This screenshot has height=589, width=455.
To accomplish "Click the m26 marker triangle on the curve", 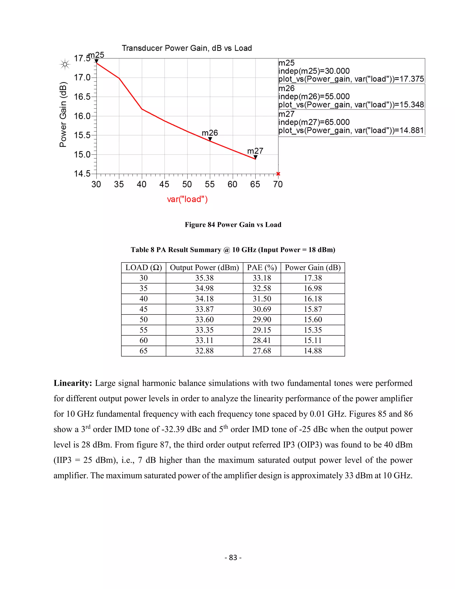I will (x=210, y=139).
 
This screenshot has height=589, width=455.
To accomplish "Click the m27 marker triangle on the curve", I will (x=255, y=157).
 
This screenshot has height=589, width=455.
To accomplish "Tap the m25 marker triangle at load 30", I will (x=96, y=61).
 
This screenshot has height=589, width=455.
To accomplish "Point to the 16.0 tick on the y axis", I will (x=82, y=116).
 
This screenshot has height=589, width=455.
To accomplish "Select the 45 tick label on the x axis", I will (x=164, y=184).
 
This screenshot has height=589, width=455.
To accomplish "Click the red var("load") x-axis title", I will (x=187, y=199).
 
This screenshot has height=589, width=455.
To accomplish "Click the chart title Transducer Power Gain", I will (x=187, y=48).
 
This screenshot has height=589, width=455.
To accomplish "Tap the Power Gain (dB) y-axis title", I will (x=63, y=114).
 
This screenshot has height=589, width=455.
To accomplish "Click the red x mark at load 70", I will (x=278, y=174).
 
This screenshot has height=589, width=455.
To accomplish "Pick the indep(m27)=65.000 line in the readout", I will (x=314, y=122).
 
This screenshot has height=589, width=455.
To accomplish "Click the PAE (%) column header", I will (x=262, y=268).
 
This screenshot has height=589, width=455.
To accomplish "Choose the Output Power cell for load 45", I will (x=204, y=309).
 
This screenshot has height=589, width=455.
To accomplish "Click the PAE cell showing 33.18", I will (x=262, y=278).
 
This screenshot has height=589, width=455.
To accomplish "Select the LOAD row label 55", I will (x=143, y=330).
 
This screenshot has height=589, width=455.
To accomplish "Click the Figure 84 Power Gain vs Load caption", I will (x=233, y=225).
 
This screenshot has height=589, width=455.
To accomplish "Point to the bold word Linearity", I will (x=73, y=383).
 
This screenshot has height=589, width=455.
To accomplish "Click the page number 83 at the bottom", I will (x=233, y=557).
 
